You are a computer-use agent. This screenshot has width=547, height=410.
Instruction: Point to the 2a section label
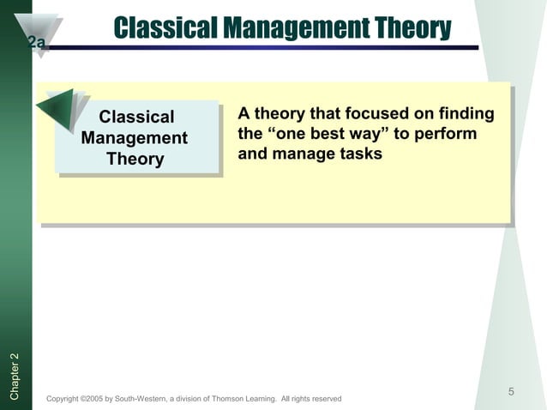point(37,43)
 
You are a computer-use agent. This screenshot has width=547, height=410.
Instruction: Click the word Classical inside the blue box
point(136,117)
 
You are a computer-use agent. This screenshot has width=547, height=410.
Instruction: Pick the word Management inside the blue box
point(135,138)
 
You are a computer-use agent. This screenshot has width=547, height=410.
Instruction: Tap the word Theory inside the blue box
point(135,160)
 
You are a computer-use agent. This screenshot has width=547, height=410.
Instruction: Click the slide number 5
point(510,392)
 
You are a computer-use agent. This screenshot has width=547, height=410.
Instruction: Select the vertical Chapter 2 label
point(15,376)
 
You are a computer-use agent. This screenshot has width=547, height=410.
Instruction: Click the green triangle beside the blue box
point(58,107)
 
